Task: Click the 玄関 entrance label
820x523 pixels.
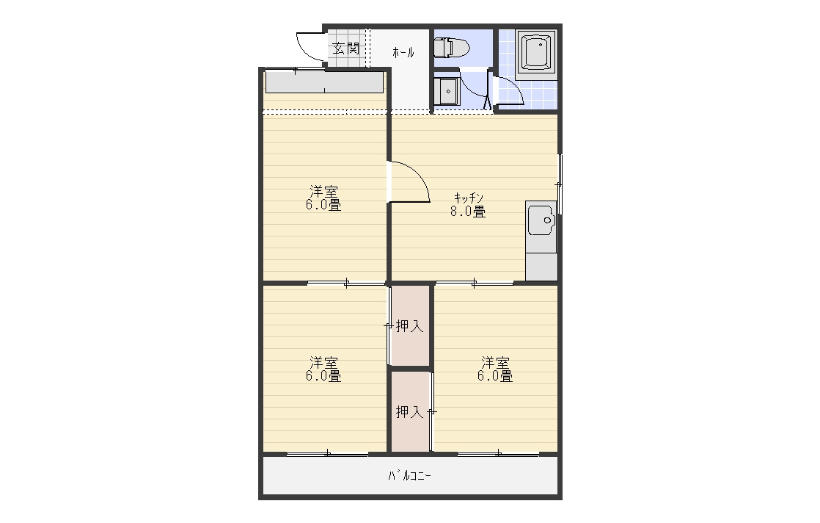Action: coord(346,48)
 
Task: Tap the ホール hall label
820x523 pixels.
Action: coord(403,52)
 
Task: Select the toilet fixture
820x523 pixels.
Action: coord(452,48)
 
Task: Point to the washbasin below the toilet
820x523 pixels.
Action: coord(447,92)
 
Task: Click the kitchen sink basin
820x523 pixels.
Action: coord(541,220)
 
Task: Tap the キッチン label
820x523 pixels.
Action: coord(468,198)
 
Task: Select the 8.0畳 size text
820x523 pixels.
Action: coord(468,212)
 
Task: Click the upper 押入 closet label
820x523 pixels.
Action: coord(409,326)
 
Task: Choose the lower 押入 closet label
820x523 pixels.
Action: coord(409,412)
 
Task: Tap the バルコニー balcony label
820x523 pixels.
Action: coord(409,476)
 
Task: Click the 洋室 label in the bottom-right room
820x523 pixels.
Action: coord(495,362)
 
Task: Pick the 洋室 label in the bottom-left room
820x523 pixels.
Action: coord(323,362)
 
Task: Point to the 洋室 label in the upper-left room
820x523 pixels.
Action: coord(323,191)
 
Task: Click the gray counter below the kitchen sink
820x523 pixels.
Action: coord(541,267)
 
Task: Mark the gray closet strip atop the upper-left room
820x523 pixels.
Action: coord(324,83)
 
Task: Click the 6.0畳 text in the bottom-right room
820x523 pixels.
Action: coord(495,376)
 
